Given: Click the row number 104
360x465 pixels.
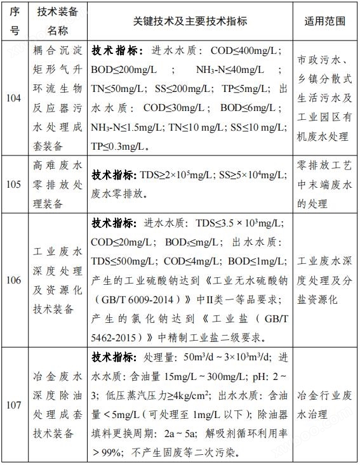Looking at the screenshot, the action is point(15,98).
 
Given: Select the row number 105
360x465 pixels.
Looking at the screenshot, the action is point(15,185).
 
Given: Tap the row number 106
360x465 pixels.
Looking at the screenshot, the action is point(15,280).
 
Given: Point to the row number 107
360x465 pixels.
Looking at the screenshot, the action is point(15,403).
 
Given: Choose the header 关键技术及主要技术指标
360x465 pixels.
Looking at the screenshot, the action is point(190,21).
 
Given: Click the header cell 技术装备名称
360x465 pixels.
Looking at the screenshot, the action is point(57,21).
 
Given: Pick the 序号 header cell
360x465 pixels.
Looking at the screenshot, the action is point(15,21).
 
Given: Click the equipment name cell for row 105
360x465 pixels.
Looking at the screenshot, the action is point(57,185).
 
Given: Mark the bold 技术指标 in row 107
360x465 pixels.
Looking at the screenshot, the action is point(113,356).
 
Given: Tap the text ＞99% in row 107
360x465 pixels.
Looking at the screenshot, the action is point(108,453).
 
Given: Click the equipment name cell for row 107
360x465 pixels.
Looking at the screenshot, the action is point(57,403).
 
